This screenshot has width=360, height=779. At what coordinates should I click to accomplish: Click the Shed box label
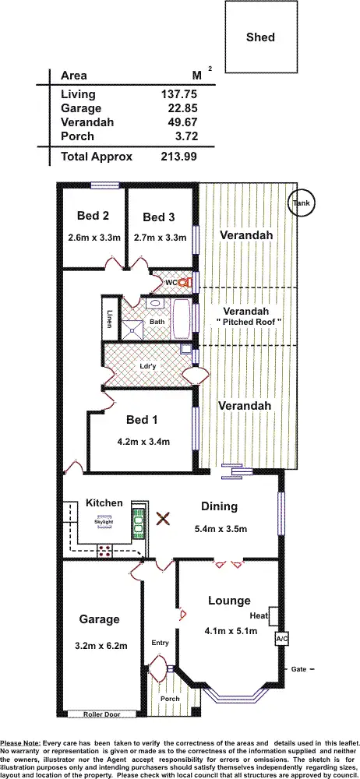[260, 37]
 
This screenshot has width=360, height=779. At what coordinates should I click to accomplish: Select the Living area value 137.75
[178, 94]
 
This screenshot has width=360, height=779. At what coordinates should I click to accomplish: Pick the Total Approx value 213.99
[178, 157]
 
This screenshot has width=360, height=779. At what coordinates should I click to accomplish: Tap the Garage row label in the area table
[81, 108]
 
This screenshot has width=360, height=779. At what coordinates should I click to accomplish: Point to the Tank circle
[301, 203]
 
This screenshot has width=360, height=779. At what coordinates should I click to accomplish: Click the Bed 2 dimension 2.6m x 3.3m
[93, 237]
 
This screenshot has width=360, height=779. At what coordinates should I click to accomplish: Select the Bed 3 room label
[159, 217]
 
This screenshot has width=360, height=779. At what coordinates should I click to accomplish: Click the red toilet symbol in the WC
[185, 282]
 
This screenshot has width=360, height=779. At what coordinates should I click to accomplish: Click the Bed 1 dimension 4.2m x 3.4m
[143, 441]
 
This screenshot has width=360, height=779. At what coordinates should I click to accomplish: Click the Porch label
[169, 699]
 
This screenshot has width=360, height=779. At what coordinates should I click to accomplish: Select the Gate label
[298, 669]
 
